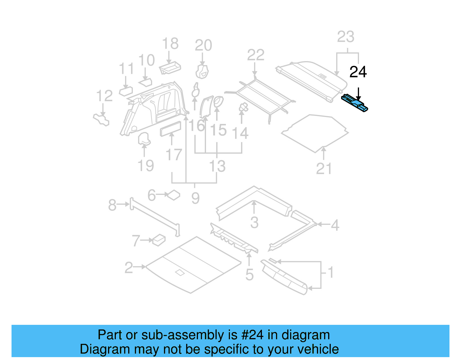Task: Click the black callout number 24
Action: pyautogui.click(x=358, y=72)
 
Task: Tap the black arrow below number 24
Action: pyautogui.click(x=358, y=94)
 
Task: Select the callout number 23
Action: pyautogui.click(x=345, y=37)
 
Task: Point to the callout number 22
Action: pyautogui.click(x=256, y=55)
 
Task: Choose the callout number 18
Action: pyautogui.click(x=170, y=44)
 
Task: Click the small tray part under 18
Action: pyautogui.click(x=170, y=68)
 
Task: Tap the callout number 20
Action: pyautogui.click(x=203, y=46)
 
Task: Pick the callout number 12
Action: pyautogui.click(x=104, y=96)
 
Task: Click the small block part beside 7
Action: pyautogui.click(x=159, y=240)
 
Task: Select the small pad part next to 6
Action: pyautogui.click(x=174, y=195)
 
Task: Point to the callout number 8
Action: pyautogui.click(x=112, y=205)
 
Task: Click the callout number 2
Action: pyautogui.click(x=129, y=268)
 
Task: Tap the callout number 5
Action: pyautogui.click(x=250, y=275)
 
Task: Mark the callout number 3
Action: pyautogui.click(x=254, y=223)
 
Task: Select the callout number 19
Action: pyautogui.click(x=146, y=166)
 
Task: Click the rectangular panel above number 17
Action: pyautogui.click(x=171, y=129)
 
